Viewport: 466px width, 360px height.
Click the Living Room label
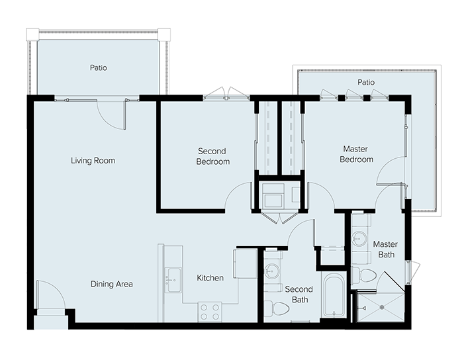pos(93,161)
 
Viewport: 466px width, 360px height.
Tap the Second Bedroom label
pos(212,156)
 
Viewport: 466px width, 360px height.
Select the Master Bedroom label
pos(356,154)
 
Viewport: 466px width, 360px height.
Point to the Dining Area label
pos(111,284)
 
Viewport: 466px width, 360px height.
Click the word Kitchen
pos(210,278)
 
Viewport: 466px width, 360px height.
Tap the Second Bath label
pos(299,294)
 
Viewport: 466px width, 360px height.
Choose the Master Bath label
pos(385,249)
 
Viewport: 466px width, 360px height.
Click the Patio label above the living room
pos(99,67)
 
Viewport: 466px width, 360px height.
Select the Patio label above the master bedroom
pos(366,82)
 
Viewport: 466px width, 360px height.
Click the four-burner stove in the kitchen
pos(210,312)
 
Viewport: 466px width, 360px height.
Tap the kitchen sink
pos(173,280)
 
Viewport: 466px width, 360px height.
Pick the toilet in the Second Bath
pos(277,308)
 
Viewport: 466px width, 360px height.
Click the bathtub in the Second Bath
pos(334,296)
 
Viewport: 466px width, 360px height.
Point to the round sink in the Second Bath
pos(271,271)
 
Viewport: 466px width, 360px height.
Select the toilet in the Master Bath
pos(364,275)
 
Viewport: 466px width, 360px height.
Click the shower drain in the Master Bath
pos(383,308)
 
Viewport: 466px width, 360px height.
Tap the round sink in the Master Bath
pos(359,238)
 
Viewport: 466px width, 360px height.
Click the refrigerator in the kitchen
pos(245,263)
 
